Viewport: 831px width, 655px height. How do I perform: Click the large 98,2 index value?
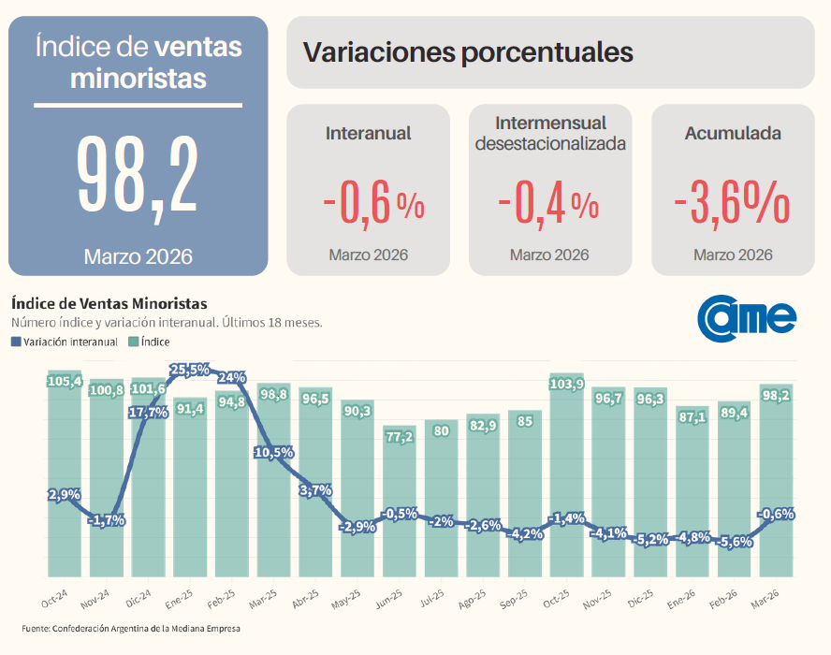[138, 175]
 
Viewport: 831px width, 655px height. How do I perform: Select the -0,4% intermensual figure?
[549, 205]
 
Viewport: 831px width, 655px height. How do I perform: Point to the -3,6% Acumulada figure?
[732, 205]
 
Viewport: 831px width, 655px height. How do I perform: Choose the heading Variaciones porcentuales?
[469, 52]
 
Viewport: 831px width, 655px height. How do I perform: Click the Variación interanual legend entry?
[65, 342]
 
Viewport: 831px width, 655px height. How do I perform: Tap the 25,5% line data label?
[190, 370]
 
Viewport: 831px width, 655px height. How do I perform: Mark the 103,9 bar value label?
[568, 385]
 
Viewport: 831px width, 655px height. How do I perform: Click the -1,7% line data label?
[106, 520]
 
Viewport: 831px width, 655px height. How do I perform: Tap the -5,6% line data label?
[736, 542]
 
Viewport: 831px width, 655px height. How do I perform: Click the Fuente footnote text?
[131, 629]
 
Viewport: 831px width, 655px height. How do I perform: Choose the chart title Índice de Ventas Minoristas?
[109, 304]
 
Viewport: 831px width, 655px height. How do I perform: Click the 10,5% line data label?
[274, 452]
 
